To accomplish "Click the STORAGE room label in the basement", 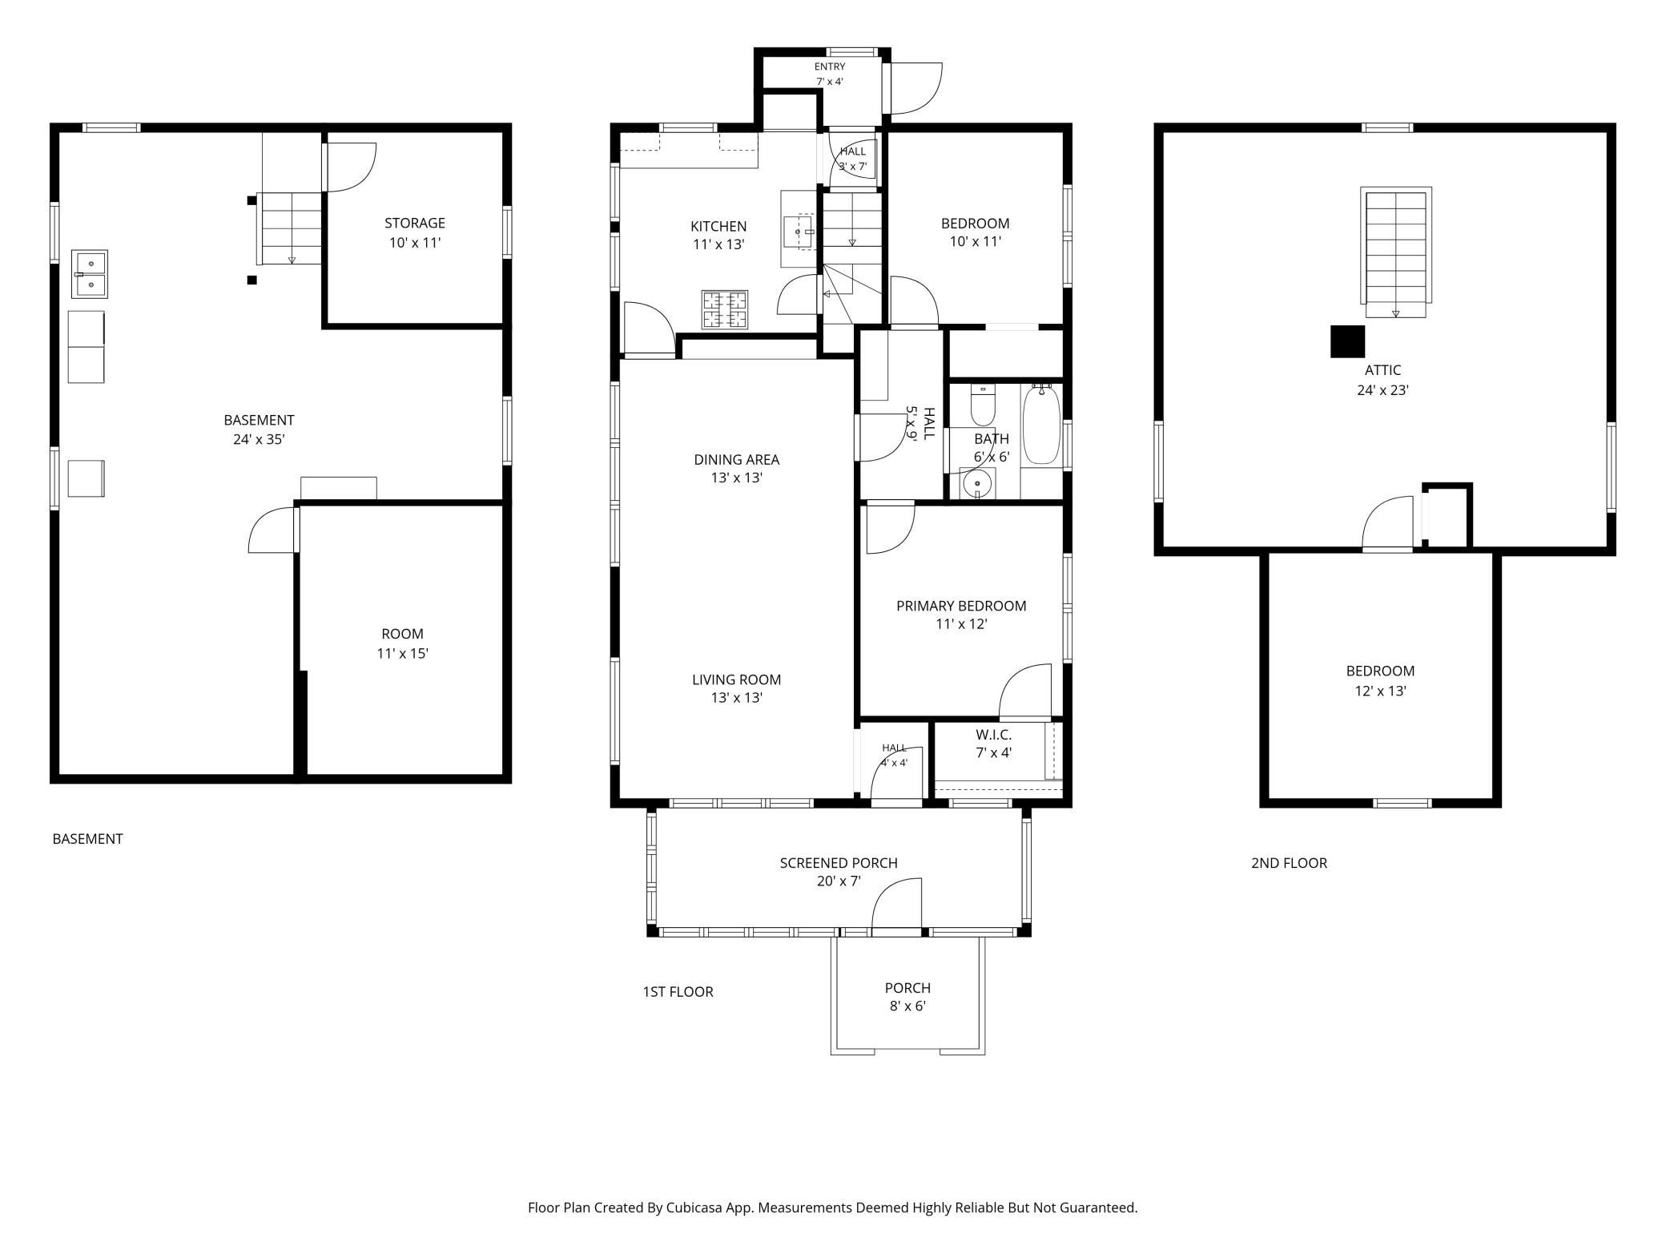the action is pos(414,223).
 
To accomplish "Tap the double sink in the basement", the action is pos(90,274).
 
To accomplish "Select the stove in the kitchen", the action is pos(725,309).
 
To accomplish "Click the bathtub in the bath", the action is pos(1041,425).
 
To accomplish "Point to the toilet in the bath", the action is pos(982,405).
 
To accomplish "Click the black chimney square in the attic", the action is pos(1347,341).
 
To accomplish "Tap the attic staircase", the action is pos(1396,253).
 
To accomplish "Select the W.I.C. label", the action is pos(993,735).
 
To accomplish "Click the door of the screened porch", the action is pos(896,906).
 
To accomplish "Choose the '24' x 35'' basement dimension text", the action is pos(259,439).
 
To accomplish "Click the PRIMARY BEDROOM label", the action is pos(961,606).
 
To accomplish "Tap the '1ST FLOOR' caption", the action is pos(678,991).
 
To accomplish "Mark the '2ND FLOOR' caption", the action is pos(1289,863).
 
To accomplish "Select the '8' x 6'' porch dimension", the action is pos(907,1006).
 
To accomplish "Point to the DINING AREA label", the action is pos(736,459).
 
